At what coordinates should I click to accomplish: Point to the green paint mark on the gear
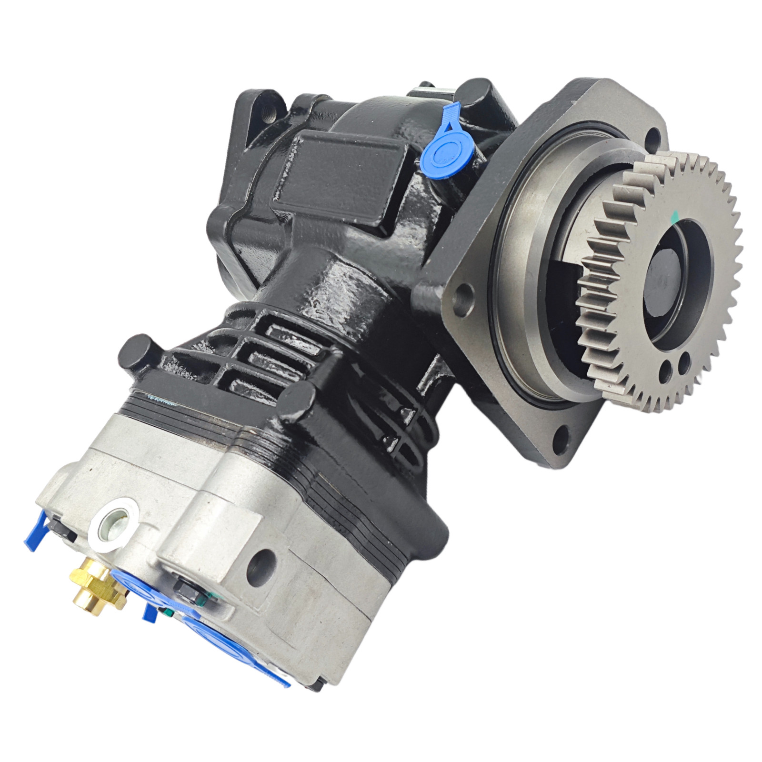(x=673, y=218)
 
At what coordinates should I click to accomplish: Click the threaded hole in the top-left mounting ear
(x=267, y=114)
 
